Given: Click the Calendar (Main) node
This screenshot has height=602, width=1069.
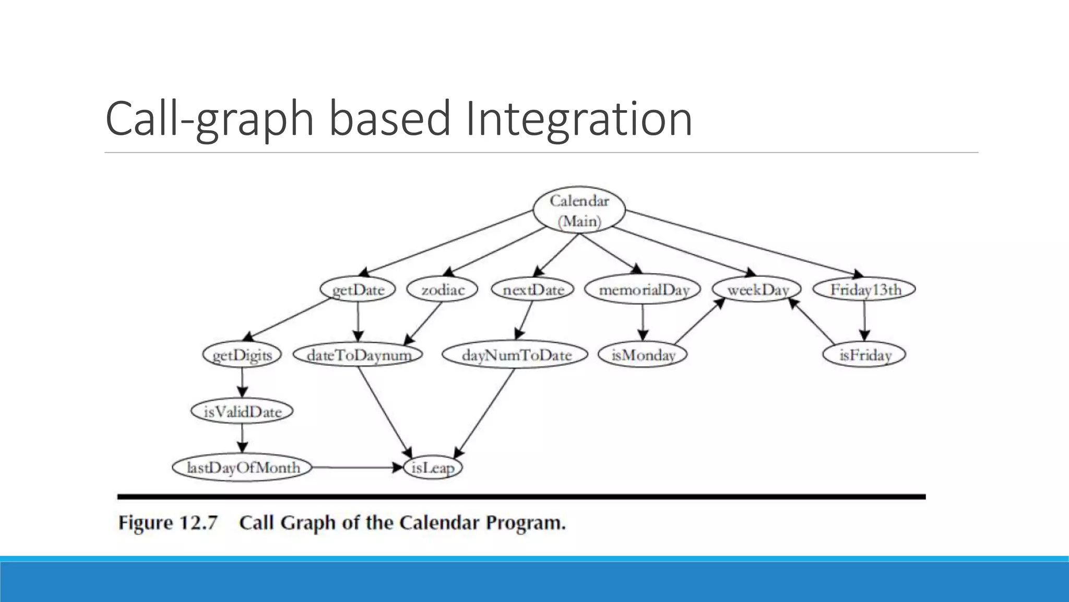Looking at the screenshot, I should tap(579, 210).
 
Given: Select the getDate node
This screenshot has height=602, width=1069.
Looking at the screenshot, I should tap(358, 290).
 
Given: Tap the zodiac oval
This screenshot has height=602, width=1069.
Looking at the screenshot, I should tap(443, 290).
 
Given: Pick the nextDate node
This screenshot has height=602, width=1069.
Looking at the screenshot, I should tap(533, 290).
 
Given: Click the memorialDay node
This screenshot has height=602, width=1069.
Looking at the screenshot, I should tap(643, 290).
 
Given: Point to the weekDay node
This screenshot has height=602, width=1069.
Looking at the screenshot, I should tap(757, 290).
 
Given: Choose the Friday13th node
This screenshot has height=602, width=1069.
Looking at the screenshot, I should tap(865, 290).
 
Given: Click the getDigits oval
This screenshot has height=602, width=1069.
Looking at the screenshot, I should tap(242, 355).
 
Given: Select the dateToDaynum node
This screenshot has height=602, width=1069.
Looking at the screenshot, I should tap(359, 355).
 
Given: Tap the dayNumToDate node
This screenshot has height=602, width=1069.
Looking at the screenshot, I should tap(516, 355).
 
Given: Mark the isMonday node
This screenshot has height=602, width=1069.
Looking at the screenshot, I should tap(643, 355).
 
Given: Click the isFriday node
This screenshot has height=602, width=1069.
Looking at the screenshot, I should tap(864, 355).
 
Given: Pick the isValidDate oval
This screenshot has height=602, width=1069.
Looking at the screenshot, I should tap(242, 412).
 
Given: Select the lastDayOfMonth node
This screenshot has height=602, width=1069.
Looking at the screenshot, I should tap(243, 467).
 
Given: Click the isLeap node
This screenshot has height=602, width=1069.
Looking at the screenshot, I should tap(433, 467).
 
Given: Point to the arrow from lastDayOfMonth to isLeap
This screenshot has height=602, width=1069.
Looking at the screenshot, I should tap(358, 467).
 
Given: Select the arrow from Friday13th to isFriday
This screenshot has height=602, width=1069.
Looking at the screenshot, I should tap(864, 322).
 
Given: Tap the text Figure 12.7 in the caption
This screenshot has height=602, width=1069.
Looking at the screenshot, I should tap(168, 523).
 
